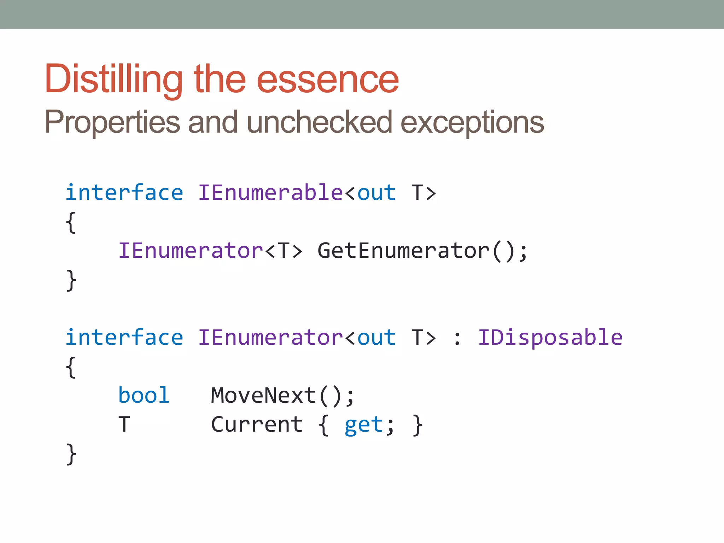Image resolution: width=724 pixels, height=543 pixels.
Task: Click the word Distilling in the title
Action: tap(113, 79)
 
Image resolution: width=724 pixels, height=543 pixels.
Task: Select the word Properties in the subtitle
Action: tap(112, 122)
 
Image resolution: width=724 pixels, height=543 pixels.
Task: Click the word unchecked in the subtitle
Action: tap(319, 122)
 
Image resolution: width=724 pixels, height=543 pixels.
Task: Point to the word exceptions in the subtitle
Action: tap(472, 122)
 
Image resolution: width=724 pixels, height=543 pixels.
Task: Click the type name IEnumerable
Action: tap(270, 193)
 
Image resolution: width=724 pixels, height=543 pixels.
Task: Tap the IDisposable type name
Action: tap(550, 338)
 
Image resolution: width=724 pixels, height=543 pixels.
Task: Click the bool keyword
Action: tap(144, 395)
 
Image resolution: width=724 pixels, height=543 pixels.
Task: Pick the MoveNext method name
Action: tap(264, 395)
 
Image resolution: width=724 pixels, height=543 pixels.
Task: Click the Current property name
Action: tap(257, 424)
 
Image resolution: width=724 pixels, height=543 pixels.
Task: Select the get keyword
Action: tap(364, 425)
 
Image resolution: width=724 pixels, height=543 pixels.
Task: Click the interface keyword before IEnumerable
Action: tap(124, 193)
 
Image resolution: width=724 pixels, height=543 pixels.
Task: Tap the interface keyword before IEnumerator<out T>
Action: tap(124, 338)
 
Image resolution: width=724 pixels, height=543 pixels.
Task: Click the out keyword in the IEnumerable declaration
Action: tap(376, 193)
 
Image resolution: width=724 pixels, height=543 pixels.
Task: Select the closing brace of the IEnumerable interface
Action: tap(71, 280)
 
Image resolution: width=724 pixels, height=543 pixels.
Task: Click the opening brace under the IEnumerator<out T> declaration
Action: tap(71, 367)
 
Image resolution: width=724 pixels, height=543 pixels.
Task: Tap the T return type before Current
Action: tap(124, 424)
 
